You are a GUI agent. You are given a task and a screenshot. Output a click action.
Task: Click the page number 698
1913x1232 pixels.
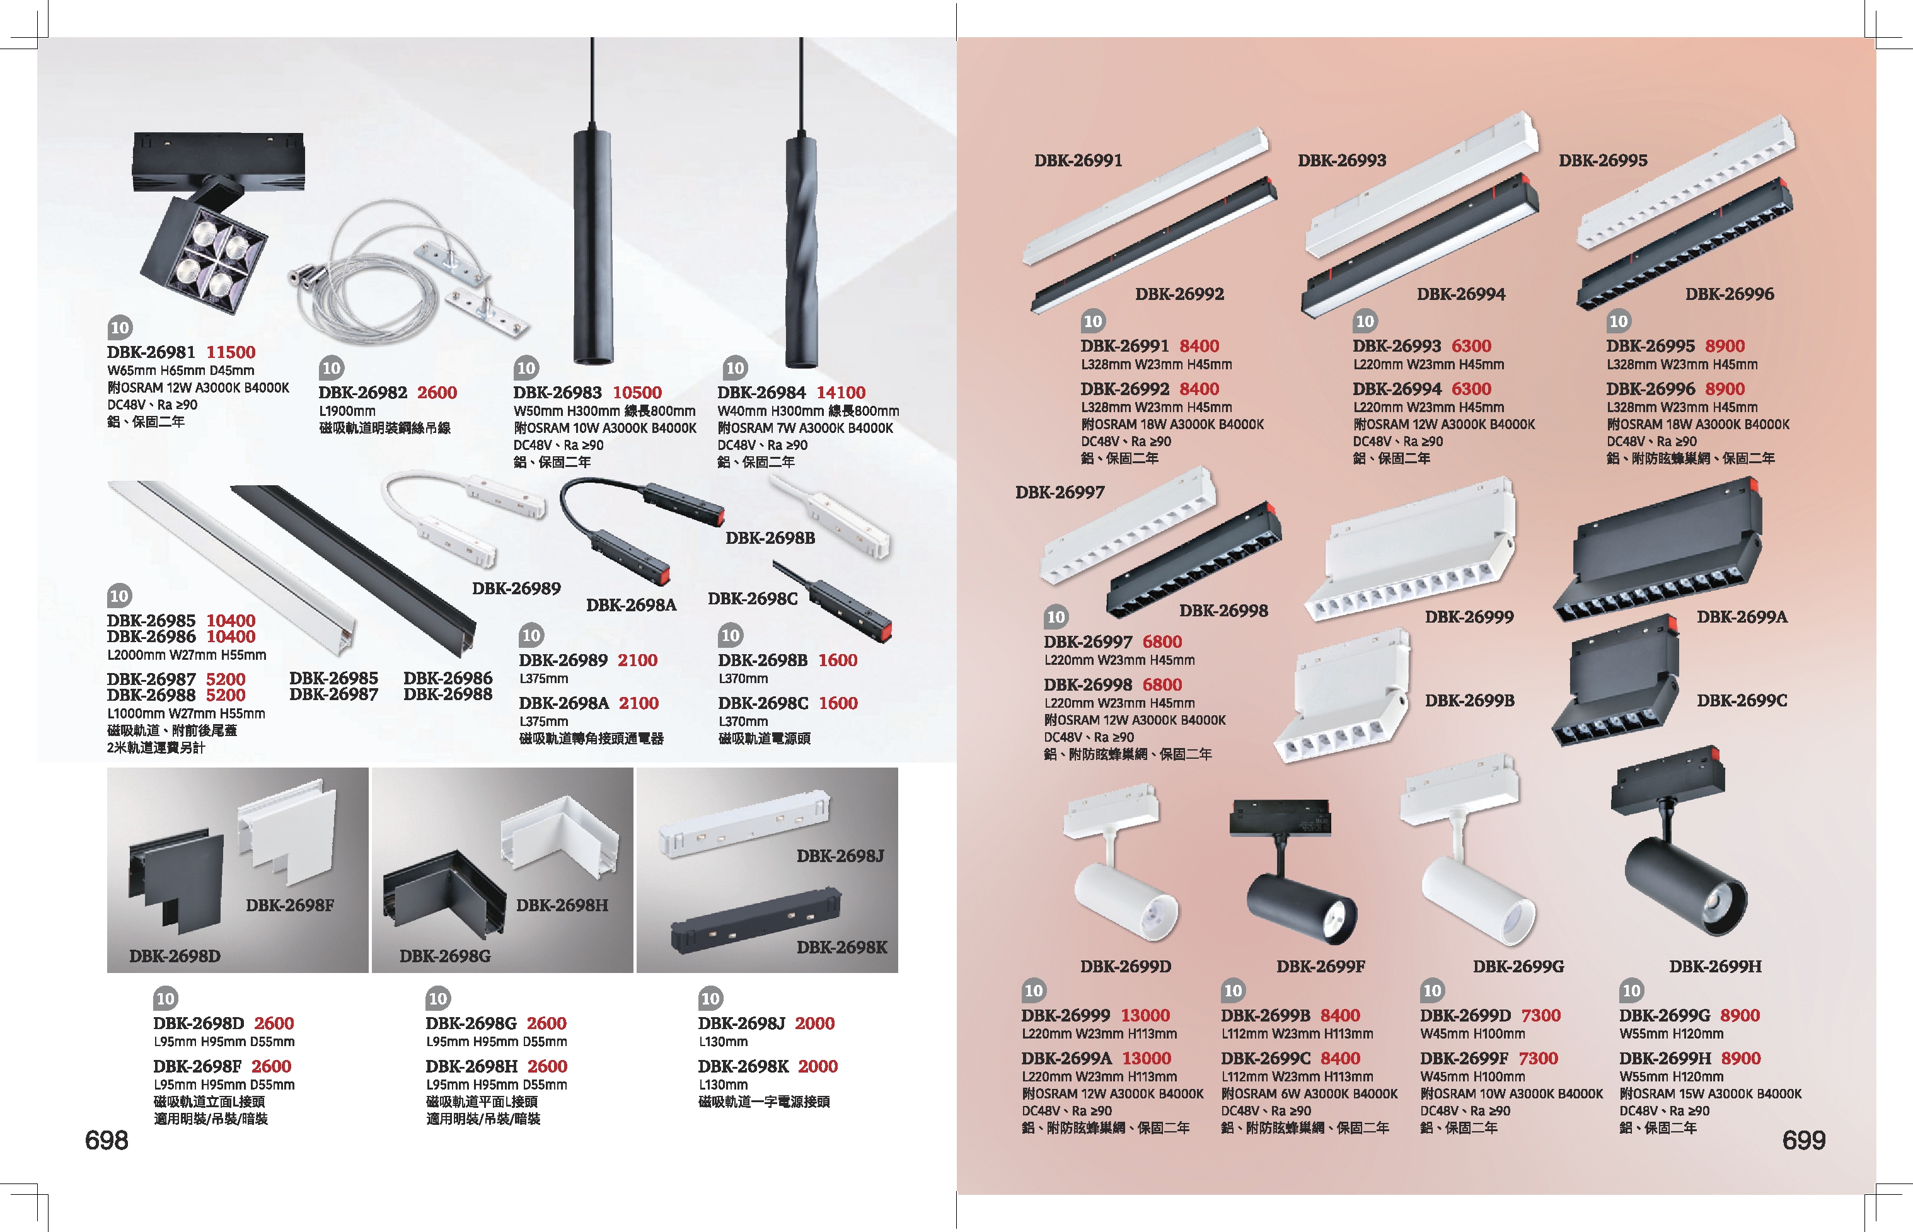pyautogui.click(x=107, y=1140)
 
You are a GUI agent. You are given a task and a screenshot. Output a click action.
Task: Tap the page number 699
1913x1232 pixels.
pyautogui.click(x=1803, y=1140)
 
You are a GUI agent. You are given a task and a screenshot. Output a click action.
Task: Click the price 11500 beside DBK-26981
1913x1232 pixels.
pyautogui.click(x=231, y=352)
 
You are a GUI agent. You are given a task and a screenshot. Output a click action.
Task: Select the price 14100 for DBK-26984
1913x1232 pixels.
pyautogui.click(x=841, y=393)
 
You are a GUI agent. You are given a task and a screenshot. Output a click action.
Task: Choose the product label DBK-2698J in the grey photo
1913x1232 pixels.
pyautogui.click(x=840, y=856)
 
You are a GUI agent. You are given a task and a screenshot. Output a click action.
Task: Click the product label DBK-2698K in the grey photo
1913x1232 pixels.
pyautogui.click(x=841, y=947)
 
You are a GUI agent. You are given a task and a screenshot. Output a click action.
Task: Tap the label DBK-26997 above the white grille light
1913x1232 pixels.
pyautogui.click(x=1060, y=493)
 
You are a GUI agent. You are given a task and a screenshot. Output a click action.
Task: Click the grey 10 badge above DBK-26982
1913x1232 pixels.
pyautogui.click(x=332, y=368)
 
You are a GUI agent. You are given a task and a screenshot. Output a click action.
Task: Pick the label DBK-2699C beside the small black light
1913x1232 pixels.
pyautogui.click(x=1742, y=701)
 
